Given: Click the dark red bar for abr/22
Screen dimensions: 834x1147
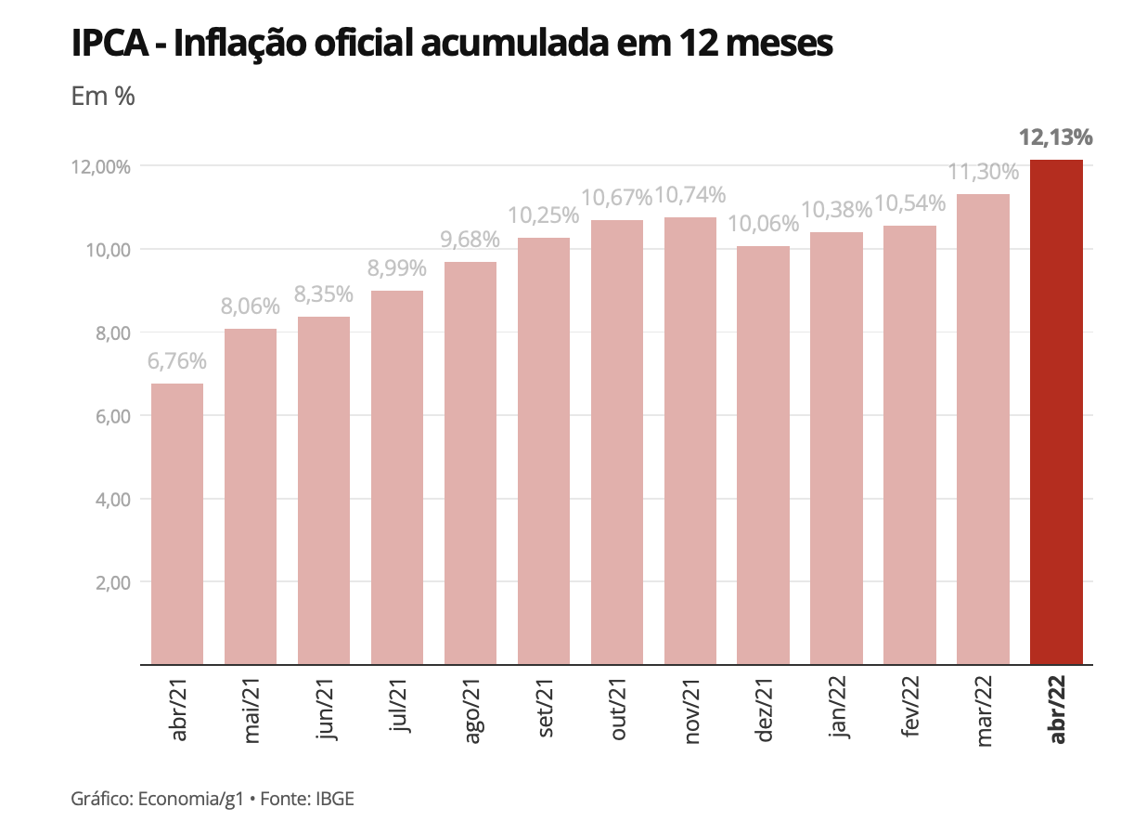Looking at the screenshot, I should [x=1056, y=412].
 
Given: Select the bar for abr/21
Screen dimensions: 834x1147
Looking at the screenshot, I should [x=177, y=524].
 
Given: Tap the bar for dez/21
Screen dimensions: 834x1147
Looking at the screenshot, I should [x=763, y=455].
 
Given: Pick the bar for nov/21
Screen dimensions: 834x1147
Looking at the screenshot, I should [x=689, y=441].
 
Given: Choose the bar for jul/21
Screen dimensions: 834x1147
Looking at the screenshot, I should [x=397, y=477].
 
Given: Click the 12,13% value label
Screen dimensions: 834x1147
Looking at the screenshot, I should [x=1056, y=138].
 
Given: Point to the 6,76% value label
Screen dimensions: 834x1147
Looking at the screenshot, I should [x=177, y=361].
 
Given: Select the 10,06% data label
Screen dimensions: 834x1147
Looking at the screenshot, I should [x=763, y=224].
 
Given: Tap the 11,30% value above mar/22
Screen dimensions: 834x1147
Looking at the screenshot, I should [x=983, y=172].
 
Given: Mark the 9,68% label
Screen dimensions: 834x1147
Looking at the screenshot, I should [x=470, y=240].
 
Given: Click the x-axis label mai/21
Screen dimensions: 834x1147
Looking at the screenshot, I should [x=251, y=710].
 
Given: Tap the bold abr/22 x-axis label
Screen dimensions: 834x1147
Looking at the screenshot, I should [x=1057, y=710].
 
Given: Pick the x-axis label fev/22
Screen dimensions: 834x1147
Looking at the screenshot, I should [x=909, y=710].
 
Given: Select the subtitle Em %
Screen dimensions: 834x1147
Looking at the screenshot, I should [x=103, y=96].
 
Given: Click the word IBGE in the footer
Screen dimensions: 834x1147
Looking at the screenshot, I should [x=335, y=799].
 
